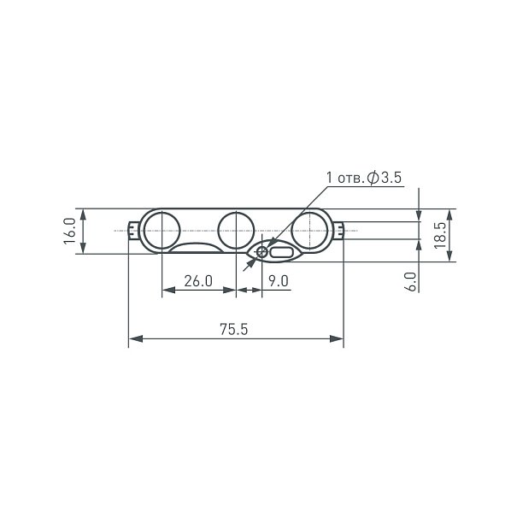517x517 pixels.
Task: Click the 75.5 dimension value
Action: click(x=234, y=329)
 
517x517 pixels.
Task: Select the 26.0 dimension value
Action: click(x=198, y=281)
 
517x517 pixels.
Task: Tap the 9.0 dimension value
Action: click(x=279, y=281)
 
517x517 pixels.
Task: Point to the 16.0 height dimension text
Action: click(x=70, y=231)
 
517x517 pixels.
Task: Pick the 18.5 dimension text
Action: click(x=440, y=235)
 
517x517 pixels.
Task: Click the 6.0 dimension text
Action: click(x=411, y=282)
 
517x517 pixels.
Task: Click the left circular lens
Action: click(x=162, y=231)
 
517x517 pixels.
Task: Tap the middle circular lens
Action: click(x=236, y=231)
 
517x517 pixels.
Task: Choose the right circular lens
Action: click(x=310, y=231)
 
